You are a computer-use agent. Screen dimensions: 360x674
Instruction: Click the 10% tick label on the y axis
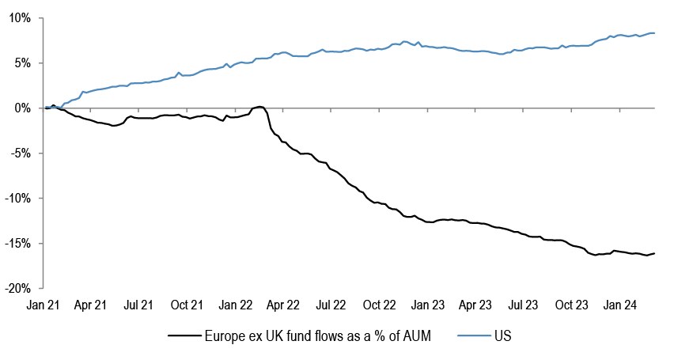click(19, 17)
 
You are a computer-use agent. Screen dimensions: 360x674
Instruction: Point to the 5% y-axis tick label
click(22, 63)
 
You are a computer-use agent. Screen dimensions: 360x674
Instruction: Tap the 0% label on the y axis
click(22, 108)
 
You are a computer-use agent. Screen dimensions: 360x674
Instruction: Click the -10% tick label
click(17, 198)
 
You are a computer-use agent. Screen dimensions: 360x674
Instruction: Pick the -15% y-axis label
click(17, 243)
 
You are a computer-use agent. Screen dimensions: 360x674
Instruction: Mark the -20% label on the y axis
click(17, 288)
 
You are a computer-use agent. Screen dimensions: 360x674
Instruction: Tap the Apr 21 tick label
click(91, 304)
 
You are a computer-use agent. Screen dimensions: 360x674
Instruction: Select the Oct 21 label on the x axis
click(187, 304)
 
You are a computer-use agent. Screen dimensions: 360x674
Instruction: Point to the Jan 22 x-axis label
click(236, 304)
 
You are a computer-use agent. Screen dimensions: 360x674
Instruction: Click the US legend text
click(502, 336)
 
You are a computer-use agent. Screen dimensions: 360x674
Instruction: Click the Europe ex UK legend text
click(316, 336)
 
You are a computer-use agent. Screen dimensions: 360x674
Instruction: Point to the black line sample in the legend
click(185, 336)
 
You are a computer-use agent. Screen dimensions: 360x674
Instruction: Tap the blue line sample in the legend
click(473, 336)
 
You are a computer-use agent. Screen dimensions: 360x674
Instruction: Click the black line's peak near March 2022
click(259, 106)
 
